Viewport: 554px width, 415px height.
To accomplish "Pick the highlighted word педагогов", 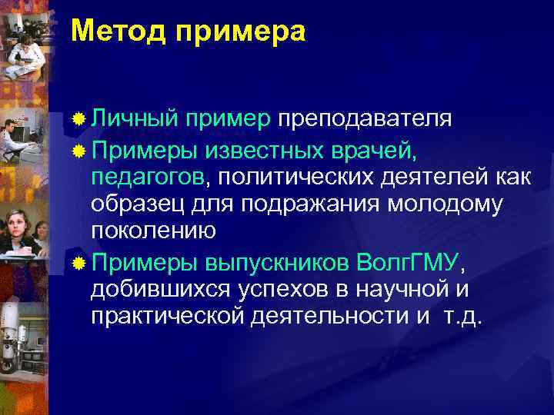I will tap(148, 178).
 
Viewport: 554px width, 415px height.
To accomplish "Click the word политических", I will tap(292, 178).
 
